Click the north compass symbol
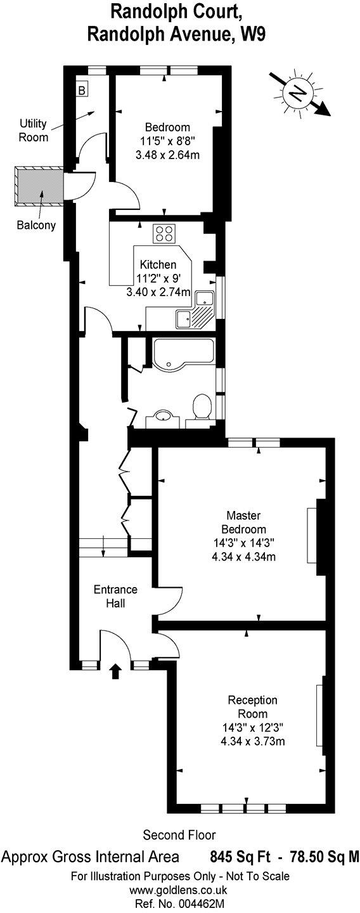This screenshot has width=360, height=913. click(x=296, y=94)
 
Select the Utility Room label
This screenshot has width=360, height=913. click(x=33, y=129)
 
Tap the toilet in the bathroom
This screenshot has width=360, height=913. click(x=203, y=406)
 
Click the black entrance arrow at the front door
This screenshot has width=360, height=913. click(x=115, y=671)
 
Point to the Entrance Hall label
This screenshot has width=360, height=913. click(x=115, y=595)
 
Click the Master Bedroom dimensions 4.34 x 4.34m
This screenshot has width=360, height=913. click(x=248, y=557)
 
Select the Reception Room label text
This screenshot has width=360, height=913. click(x=252, y=707)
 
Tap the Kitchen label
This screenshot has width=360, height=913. click(x=158, y=266)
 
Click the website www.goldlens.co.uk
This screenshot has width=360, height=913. click(x=179, y=891)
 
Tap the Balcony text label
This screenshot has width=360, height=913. click(x=37, y=224)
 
